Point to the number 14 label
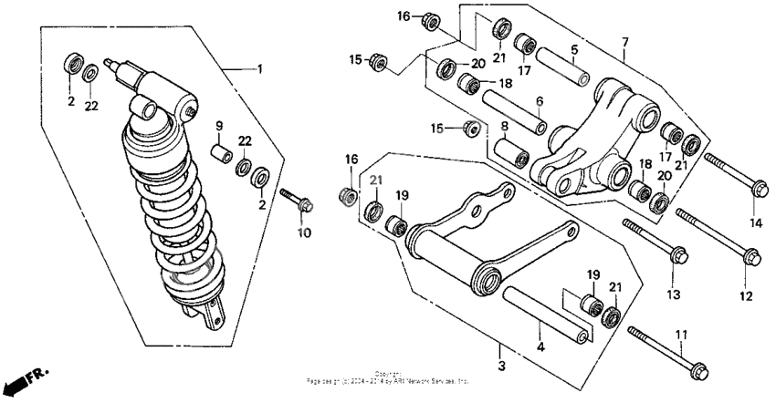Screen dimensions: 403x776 pos(755,222)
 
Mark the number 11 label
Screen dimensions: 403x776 pos(680,336)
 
